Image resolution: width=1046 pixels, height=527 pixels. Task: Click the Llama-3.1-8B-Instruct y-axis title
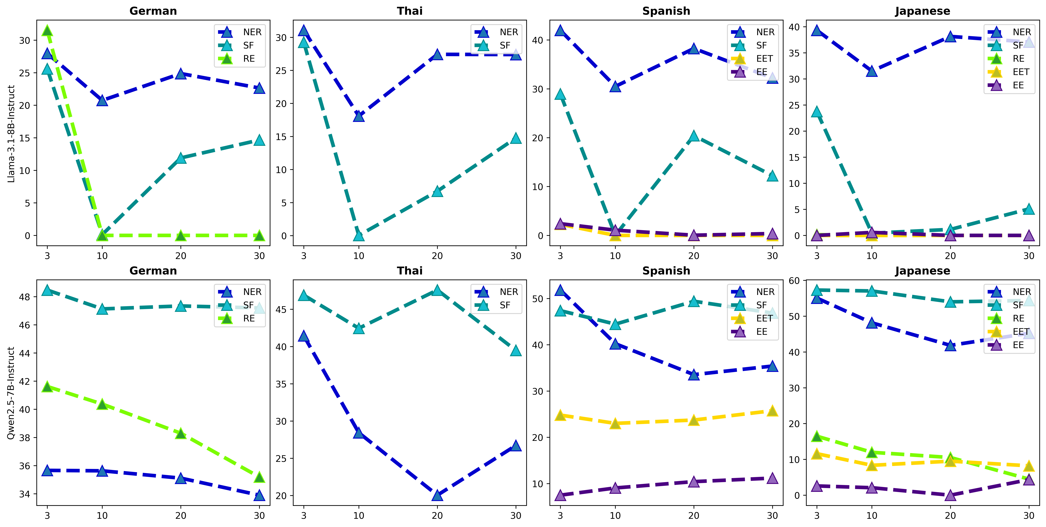click(x=11, y=134)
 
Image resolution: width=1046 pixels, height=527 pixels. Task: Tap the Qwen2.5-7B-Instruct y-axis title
click(x=11, y=393)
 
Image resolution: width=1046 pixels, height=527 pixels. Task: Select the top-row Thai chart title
click(x=410, y=11)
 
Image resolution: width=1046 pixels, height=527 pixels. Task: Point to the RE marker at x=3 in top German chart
click(x=47, y=31)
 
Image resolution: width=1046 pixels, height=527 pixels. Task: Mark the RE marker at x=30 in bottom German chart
click(x=259, y=477)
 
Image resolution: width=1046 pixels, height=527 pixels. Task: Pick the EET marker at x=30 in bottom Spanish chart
click(x=772, y=411)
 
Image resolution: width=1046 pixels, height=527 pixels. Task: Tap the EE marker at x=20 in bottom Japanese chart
click(x=950, y=495)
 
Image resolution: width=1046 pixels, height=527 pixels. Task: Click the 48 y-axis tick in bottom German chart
click(x=25, y=297)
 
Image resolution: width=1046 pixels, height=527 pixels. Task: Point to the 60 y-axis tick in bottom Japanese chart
click(x=794, y=281)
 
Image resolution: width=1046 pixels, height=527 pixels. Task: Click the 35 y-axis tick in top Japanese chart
click(x=794, y=53)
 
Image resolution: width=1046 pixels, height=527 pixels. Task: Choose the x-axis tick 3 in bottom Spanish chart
click(x=560, y=516)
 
